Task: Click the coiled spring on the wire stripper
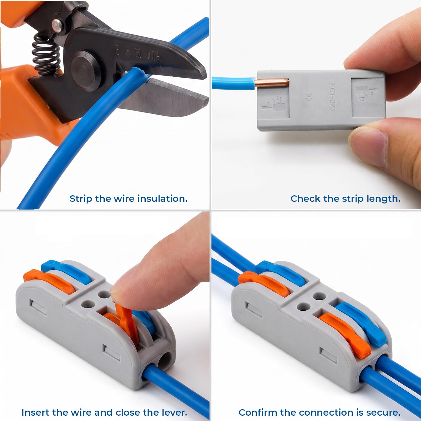(46, 54)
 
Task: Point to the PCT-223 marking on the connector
(332, 97)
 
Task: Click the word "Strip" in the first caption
(81, 199)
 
